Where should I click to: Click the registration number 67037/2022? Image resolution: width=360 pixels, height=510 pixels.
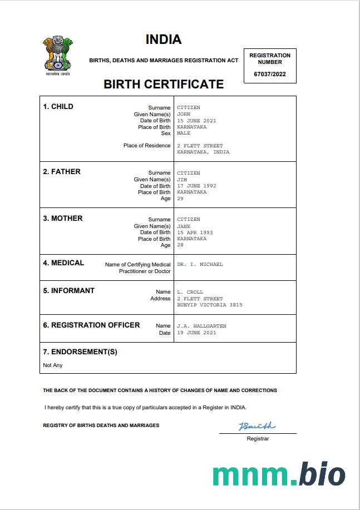coord(270,74)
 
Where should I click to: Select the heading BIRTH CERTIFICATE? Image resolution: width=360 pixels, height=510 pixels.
coord(164,85)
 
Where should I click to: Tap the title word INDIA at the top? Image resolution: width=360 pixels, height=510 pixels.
coord(164,39)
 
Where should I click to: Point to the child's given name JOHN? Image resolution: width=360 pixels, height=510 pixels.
coord(184,114)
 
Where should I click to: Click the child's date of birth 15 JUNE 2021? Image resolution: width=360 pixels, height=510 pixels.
coord(196,121)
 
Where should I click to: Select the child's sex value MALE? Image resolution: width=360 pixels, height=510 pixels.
coord(184,133)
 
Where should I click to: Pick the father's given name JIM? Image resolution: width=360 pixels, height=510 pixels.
coord(182,180)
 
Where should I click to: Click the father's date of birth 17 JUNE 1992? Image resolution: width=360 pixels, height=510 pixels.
coord(196,186)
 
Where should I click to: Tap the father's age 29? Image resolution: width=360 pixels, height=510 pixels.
coord(180,199)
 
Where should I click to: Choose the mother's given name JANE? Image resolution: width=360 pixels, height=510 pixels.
coord(184,226)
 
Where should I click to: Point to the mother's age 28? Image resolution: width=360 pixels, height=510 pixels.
coord(180,245)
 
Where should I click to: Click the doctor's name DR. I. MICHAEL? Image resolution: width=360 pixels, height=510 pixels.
coord(200,264)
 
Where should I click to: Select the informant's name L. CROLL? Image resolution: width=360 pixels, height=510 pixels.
coord(190,292)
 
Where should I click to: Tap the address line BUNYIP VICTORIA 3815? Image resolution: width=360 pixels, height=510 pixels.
coord(210,305)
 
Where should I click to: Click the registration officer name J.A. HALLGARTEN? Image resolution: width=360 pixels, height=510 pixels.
coord(201,326)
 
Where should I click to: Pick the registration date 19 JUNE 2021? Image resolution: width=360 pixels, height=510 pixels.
coord(196,333)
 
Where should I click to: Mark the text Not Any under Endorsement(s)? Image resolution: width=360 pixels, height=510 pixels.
coord(53,365)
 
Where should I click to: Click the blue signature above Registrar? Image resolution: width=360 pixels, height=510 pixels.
coord(257,427)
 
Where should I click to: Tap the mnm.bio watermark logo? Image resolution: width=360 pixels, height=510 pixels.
coord(279,474)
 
